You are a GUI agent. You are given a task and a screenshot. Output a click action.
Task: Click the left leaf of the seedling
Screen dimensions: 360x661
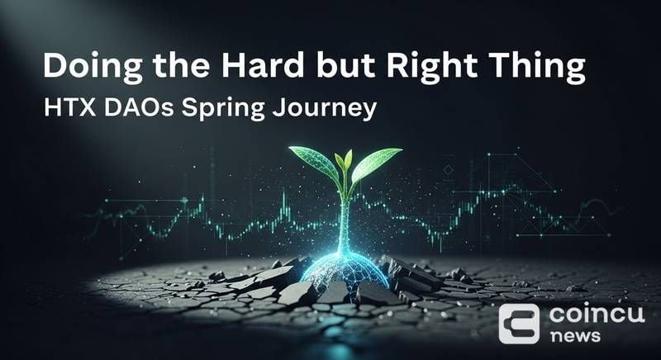[315, 163]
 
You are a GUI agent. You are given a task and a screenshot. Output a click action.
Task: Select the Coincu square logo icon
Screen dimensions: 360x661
[519, 323]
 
